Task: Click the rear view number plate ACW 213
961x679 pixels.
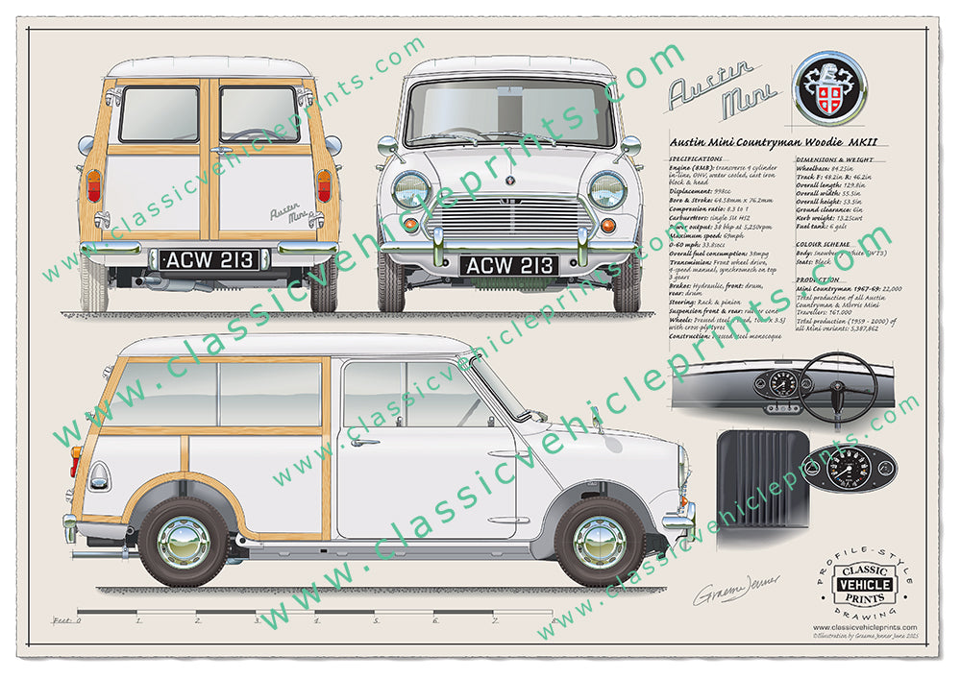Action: (209, 259)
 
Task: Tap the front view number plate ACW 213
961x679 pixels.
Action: (508, 265)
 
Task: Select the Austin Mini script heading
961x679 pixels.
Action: (712, 92)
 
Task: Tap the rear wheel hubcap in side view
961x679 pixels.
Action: (184, 542)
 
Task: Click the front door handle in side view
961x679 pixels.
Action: (364, 443)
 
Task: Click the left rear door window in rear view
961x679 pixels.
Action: (160, 114)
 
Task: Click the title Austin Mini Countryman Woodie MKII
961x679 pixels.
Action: (777, 143)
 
